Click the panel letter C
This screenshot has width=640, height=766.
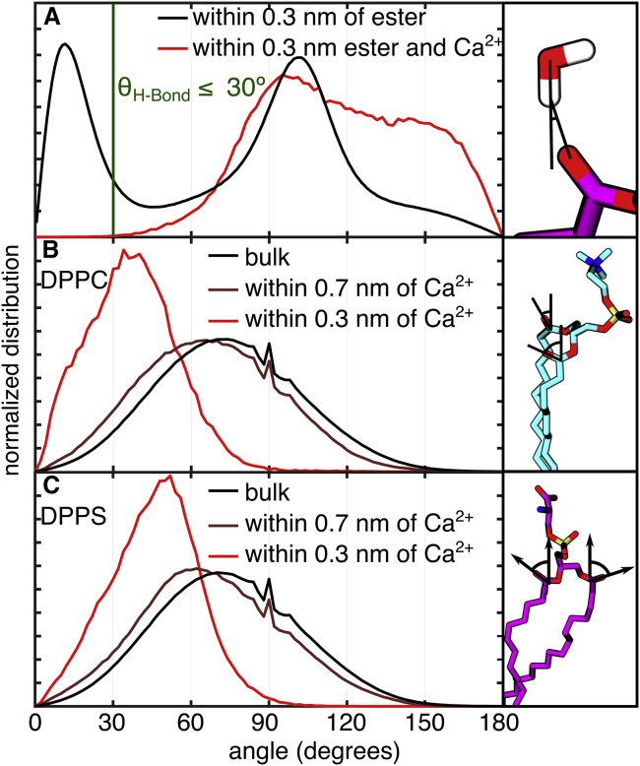(x=46, y=486)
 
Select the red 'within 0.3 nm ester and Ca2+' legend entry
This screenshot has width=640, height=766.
(x=345, y=45)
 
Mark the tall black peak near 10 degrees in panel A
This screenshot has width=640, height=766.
(x=65, y=44)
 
